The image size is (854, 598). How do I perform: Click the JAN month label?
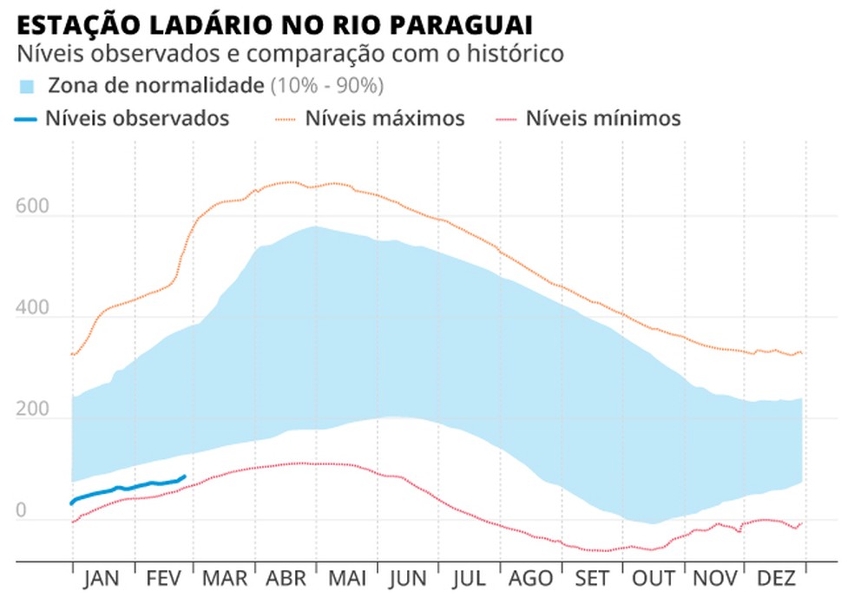[x=102, y=579]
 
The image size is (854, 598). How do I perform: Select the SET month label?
[x=592, y=579]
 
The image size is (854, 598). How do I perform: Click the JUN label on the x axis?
[x=406, y=579]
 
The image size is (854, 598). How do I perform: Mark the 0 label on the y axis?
[x=22, y=511]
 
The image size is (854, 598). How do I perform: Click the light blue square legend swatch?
[x=27, y=86]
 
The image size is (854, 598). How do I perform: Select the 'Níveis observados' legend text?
[x=137, y=118]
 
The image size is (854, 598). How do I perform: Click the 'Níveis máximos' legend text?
[x=384, y=118]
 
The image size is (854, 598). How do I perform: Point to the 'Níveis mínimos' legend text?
[x=603, y=118]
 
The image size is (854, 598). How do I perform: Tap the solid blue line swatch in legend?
[x=26, y=118]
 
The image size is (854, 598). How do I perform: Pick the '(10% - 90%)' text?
[x=326, y=86]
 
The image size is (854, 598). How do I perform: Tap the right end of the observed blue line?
[x=184, y=476]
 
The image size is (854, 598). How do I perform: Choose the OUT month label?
[x=654, y=579]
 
